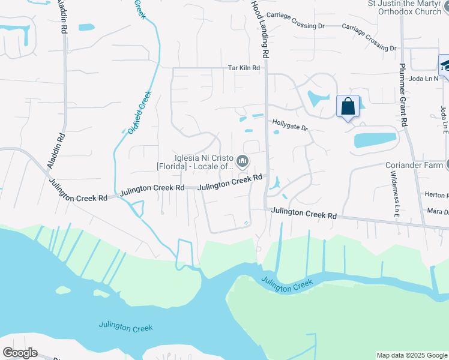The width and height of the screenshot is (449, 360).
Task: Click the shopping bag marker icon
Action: tap(348, 107)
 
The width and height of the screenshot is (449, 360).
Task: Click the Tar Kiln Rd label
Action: tap(244, 68)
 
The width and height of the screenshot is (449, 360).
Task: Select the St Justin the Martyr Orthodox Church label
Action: tap(409, 8)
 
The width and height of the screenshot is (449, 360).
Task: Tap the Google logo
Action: tap(20, 353)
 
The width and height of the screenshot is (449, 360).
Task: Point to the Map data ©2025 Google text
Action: tap(412, 355)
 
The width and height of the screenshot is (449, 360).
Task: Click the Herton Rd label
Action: tap(436, 195)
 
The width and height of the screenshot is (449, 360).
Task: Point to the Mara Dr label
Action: tap(438, 211)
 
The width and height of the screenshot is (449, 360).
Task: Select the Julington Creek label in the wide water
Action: tap(126, 327)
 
